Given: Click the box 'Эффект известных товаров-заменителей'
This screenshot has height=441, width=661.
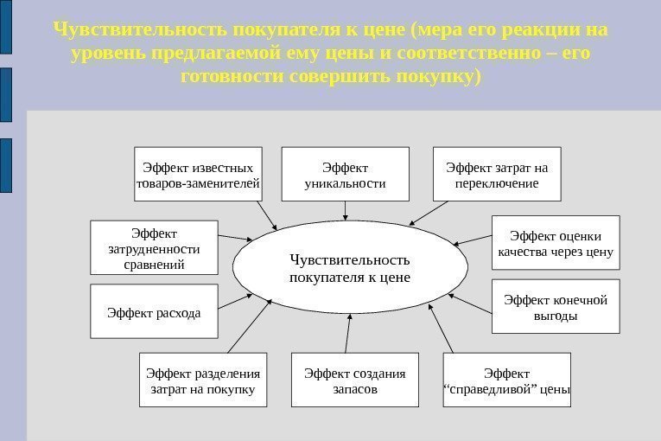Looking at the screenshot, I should click(x=198, y=175).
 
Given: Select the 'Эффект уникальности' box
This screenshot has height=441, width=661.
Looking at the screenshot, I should click(x=345, y=175).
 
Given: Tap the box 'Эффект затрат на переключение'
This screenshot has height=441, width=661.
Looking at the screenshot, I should click(x=496, y=175).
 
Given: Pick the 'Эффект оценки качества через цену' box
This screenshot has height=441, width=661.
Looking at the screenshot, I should click(x=556, y=244).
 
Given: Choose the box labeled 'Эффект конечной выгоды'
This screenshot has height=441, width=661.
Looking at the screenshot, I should click(x=556, y=307).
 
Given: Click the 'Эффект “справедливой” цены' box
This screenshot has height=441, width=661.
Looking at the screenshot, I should click(x=506, y=380).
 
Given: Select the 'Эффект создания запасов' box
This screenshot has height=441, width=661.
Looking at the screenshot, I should click(x=354, y=380).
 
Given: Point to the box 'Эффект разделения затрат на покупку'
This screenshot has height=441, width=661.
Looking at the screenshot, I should click(x=202, y=380).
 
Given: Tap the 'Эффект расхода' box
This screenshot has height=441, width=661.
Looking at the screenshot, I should click(x=154, y=311).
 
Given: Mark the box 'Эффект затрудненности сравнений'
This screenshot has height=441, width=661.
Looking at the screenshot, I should click(x=154, y=248).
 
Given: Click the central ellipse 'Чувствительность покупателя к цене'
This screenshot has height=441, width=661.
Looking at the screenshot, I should click(x=349, y=268).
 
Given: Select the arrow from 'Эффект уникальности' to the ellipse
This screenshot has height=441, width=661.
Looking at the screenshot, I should click(x=346, y=211).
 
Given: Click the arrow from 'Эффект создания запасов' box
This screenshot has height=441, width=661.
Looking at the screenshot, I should click(x=347, y=333).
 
